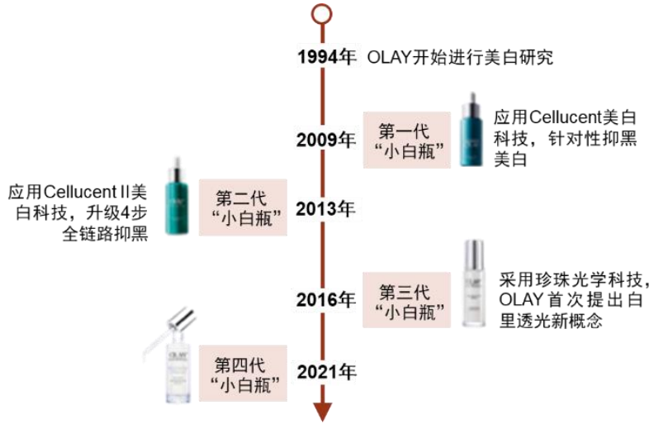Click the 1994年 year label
coord(327,57)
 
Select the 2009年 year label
coord(327,139)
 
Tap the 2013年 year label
coord(327,207)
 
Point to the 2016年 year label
coord(327,298)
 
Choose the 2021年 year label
coord(327,372)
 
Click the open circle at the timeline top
coord(322,15)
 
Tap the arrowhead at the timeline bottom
coord(322,411)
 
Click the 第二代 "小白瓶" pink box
coord(244,207)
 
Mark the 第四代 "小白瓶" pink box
coord(244,372)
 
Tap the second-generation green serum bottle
coord(175,197)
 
